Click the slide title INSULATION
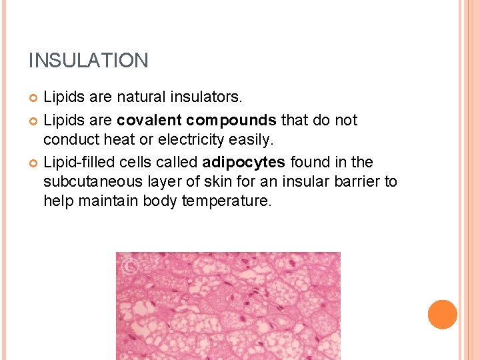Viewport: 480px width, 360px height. [x=88, y=61]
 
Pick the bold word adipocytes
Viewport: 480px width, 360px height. [x=243, y=162]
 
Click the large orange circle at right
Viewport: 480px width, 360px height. [x=443, y=315]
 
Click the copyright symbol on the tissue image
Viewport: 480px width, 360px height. [x=129, y=267]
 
